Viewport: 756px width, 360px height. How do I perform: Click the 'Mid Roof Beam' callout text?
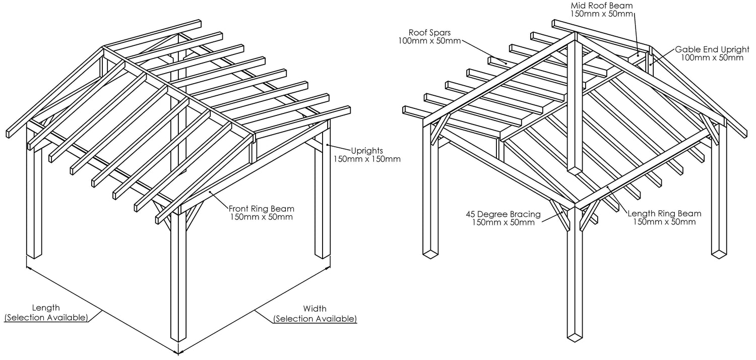pos(601,6)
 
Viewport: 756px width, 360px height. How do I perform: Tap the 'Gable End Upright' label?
pos(709,49)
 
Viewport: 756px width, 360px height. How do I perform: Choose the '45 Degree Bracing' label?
pos(503,213)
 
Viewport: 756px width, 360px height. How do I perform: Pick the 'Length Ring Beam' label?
pos(664,213)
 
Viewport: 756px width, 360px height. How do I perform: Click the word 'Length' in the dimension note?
pos(46,308)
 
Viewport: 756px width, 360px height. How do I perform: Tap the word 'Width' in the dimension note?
pos(315,309)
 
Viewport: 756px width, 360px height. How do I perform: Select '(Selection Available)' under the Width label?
pos(315,319)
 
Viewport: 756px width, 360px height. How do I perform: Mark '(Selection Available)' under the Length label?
pos(46,318)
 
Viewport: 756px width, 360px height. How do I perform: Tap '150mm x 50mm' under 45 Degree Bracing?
pos(503,222)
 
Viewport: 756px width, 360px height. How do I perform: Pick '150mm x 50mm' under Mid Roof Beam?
pos(601,14)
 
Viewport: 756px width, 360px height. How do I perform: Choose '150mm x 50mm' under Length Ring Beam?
pos(664,222)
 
